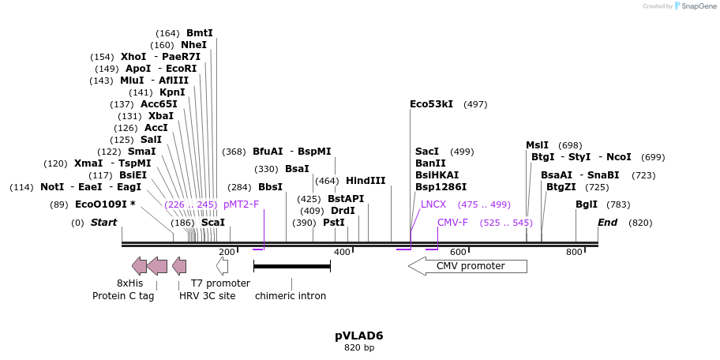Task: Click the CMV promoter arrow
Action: coord(467,266)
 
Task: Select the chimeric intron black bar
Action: coord(291,266)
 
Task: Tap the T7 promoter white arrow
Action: coord(222,266)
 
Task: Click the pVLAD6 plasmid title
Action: coord(359,335)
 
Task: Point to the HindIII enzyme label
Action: coord(366,181)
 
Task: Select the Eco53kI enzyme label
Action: coord(431,104)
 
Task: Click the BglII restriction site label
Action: coord(587,204)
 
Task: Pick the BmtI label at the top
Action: coord(200,33)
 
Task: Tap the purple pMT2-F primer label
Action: coord(241,204)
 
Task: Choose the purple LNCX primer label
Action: coord(433,204)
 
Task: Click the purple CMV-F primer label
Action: coord(452,223)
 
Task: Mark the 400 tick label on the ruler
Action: coord(342,252)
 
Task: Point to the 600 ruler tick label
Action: coord(458,252)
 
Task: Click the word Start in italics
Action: coord(103,223)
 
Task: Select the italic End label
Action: coord(607,223)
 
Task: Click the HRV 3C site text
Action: coord(207,296)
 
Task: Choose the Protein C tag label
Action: coord(123,296)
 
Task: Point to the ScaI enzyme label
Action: coord(213,223)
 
